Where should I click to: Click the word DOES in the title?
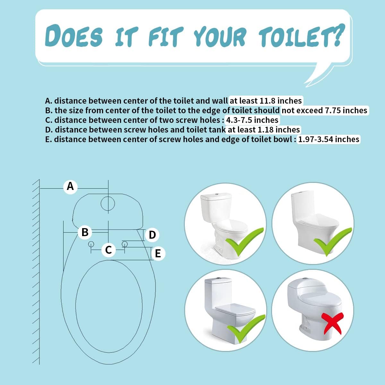pyautogui.click(x=74, y=36)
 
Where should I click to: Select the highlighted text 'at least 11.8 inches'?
pyautogui.click(x=266, y=101)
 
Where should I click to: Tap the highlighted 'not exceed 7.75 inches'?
pyautogui.click(x=324, y=110)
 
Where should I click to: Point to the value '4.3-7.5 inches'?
pyautogui.click(x=252, y=120)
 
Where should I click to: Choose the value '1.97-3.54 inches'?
pyautogui.click(x=329, y=139)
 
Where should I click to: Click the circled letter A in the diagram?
pyautogui.click(x=70, y=186)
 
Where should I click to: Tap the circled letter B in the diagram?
pyautogui.click(x=85, y=232)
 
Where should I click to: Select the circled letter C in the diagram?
pyautogui.click(x=108, y=250)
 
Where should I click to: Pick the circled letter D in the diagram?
pyautogui.click(x=152, y=235)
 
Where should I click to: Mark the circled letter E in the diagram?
pyautogui.click(x=158, y=253)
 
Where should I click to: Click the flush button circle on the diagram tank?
pyautogui.click(x=108, y=203)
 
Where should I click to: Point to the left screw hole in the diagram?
pyautogui.click(x=91, y=244)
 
